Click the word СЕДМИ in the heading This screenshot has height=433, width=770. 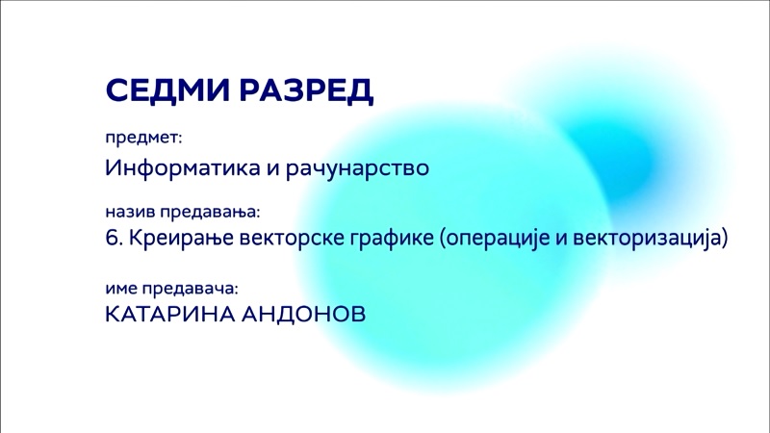[x=167, y=89]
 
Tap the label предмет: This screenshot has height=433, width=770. [x=143, y=139]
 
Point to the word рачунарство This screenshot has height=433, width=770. [x=357, y=168]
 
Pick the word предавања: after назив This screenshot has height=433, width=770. [x=210, y=213]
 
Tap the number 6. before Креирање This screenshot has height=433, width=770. [x=114, y=238]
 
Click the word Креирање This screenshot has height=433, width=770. [x=181, y=239]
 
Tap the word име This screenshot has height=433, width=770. [x=121, y=289]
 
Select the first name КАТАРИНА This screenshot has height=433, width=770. [x=170, y=315]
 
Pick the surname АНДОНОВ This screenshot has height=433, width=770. [x=303, y=315]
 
